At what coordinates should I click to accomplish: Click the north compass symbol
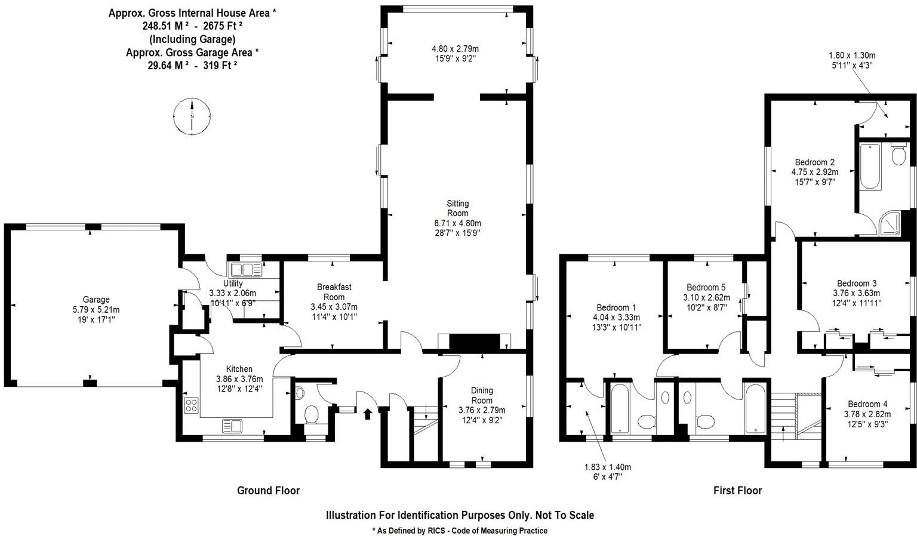click(x=192, y=115)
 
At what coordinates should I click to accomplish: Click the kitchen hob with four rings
click(x=192, y=405)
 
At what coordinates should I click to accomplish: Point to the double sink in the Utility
click(x=245, y=270)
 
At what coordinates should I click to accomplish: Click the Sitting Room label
click(x=457, y=208)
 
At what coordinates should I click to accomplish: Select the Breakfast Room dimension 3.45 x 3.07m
click(x=334, y=307)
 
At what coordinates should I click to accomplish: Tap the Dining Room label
click(x=482, y=395)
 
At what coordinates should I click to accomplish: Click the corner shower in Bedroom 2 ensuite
click(x=891, y=223)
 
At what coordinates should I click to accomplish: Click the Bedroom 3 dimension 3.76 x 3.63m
click(x=856, y=293)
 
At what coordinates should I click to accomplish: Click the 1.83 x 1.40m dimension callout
click(x=607, y=467)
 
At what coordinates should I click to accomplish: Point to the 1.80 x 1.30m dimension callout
click(x=852, y=56)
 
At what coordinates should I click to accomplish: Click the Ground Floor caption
click(x=268, y=491)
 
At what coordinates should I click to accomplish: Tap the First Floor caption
click(x=737, y=491)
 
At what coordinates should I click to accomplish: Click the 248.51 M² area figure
click(x=165, y=26)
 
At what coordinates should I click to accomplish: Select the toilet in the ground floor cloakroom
click(x=312, y=414)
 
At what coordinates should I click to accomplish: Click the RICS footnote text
click(x=459, y=530)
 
